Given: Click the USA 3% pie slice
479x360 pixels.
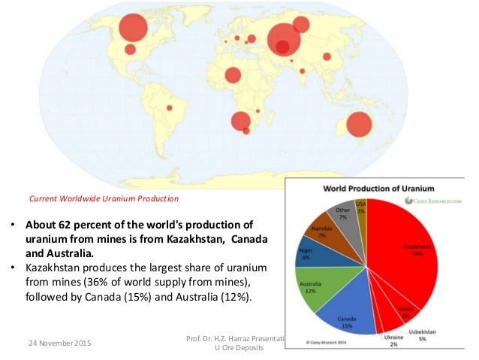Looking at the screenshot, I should (361, 208).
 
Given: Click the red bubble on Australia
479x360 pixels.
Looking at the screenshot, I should (359, 126).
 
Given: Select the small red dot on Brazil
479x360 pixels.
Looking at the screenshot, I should (170, 108).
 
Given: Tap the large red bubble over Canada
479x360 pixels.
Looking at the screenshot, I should (133, 28).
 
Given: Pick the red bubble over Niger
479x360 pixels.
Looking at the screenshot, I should (233, 75).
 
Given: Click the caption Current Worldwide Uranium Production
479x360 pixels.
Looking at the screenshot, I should (104, 198).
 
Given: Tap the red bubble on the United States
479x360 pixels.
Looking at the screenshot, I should (130, 50).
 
